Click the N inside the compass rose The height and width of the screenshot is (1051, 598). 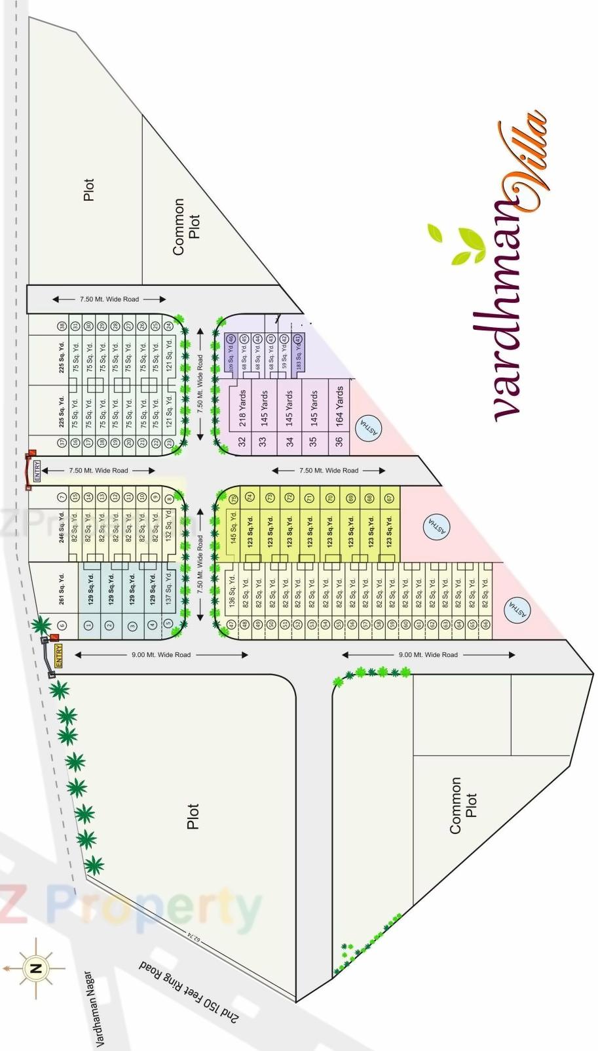point(35,968)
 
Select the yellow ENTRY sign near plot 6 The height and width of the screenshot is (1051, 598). point(59,656)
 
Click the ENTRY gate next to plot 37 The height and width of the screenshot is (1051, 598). point(36,470)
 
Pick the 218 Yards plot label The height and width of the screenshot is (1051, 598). point(242,408)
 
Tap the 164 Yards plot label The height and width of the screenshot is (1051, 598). point(339,407)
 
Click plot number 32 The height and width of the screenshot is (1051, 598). point(242,443)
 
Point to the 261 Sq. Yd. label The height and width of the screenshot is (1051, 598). point(62,589)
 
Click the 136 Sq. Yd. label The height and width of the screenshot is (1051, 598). point(231,590)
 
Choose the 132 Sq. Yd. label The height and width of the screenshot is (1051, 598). point(169,527)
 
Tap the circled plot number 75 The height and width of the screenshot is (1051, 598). point(232,500)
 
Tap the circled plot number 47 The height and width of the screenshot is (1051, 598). point(231,625)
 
